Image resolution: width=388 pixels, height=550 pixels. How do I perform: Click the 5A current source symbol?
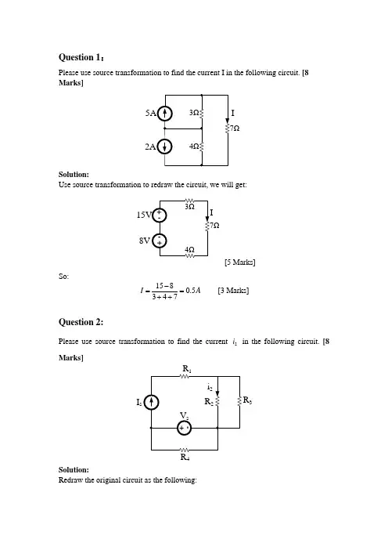[164, 114]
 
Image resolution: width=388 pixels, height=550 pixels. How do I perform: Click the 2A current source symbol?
[164, 147]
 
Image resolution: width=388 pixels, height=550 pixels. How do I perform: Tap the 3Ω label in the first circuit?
[194, 113]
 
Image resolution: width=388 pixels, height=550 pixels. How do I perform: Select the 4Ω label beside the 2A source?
[194, 146]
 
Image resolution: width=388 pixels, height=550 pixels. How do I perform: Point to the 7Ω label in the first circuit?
[235, 128]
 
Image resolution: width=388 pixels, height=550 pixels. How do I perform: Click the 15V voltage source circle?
[160, 215]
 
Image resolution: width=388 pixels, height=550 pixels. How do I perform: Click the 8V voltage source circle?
[160, 241]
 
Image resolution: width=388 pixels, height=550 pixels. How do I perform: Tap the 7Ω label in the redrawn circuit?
[214, 225]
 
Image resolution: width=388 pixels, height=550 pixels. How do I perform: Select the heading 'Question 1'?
[81, 57]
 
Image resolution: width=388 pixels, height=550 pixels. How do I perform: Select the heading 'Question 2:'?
[81, 322]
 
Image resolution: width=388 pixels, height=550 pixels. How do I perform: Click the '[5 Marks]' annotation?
[240, 262]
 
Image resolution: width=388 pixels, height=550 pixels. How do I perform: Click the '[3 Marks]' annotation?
[233, 291]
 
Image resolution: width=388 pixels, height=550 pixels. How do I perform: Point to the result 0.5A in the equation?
[193, 291]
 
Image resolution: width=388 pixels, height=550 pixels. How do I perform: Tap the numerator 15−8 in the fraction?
[164, 286]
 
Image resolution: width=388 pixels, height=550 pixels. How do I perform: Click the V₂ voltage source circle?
[184, 428]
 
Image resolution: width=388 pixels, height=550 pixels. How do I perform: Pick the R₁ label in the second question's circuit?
[187, 369]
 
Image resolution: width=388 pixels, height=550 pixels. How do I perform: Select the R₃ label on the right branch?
[247, 400]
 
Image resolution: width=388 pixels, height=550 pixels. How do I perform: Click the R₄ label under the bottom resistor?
[185, 457]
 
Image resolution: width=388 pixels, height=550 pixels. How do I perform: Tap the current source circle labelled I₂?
[151, 403]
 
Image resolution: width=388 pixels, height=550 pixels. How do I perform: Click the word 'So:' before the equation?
[63, 277]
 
